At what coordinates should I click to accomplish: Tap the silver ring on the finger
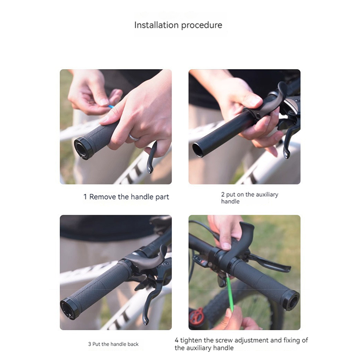[x=133, y=138]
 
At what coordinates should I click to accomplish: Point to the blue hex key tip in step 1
[x=111, y=107]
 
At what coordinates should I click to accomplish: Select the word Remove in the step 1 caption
[x=103, y=197]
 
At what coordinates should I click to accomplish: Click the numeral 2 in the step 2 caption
[x=223, y=194]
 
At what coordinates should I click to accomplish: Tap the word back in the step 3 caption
[x=133, y=344]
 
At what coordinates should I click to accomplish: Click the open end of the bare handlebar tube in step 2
[x=198, y=150]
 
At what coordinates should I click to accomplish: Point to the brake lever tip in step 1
[x=150, y=170]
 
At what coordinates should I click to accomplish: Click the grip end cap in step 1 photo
[x=82, y=149]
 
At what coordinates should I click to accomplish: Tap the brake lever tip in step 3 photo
[x=145, y=321]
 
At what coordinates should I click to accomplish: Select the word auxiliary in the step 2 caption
[x=267, y=195]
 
